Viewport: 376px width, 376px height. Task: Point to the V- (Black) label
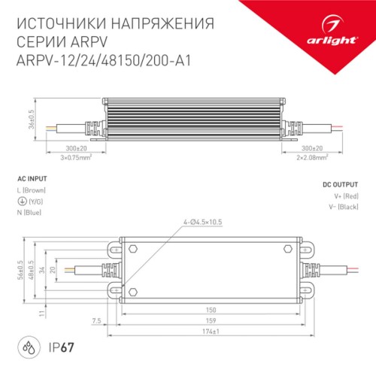coord(343,207)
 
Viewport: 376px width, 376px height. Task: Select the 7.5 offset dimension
coord(96,320)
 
